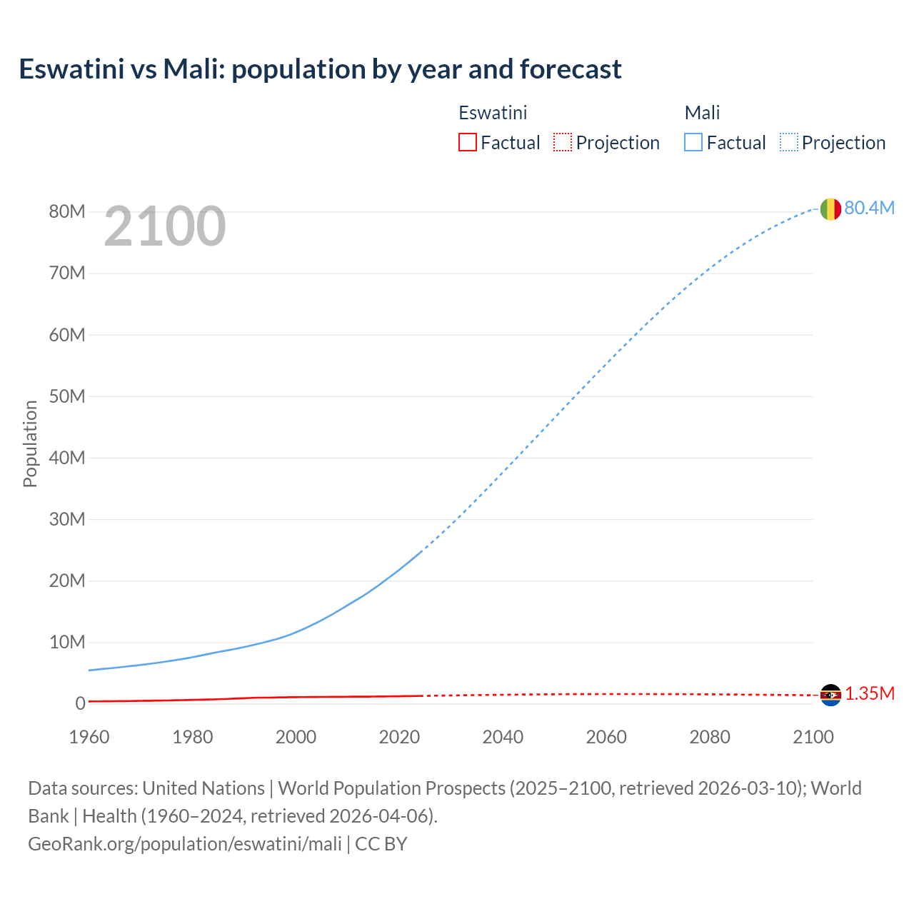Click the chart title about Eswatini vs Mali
[x=320, y=69]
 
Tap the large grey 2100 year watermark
[x=165, y=226]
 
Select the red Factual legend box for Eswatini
[x=467, y=142]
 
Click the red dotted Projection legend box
[x=563, y=142]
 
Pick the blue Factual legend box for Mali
[x=693, y=142]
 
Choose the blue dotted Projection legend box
[x=788, y=142]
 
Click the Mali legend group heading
[x=702, y=113]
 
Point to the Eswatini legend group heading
[x=493, y=113]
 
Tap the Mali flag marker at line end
[x=830, y=209]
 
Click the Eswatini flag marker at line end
[x=830, y=695]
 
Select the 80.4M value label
[x=869, y=208]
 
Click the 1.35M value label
[x=870, y=694]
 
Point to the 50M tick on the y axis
[x=67, y=396]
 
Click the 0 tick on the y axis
[x=80, y=703]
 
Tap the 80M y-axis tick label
[x=67, y=211]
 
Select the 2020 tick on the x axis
[x=399, y=737]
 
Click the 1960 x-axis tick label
[x=89, y=737]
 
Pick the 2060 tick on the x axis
[x=606, y=737]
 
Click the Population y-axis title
[x=30, y=443]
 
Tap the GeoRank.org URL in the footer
[x=185, y=844]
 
